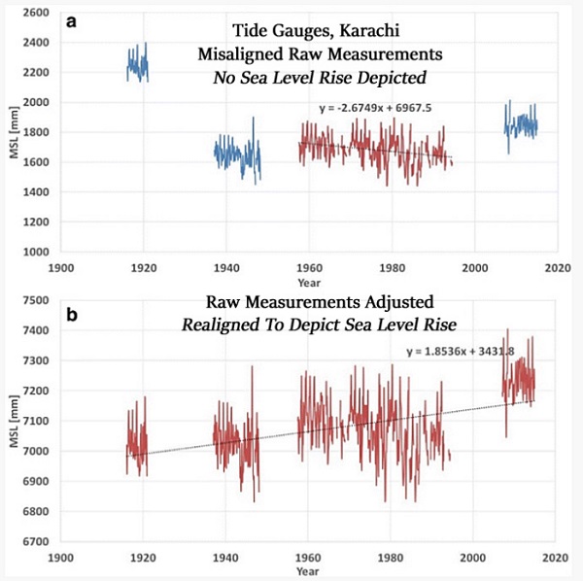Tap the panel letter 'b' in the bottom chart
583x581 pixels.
(x=71, y=315)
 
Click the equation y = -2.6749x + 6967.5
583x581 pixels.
(x=375, y=108)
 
